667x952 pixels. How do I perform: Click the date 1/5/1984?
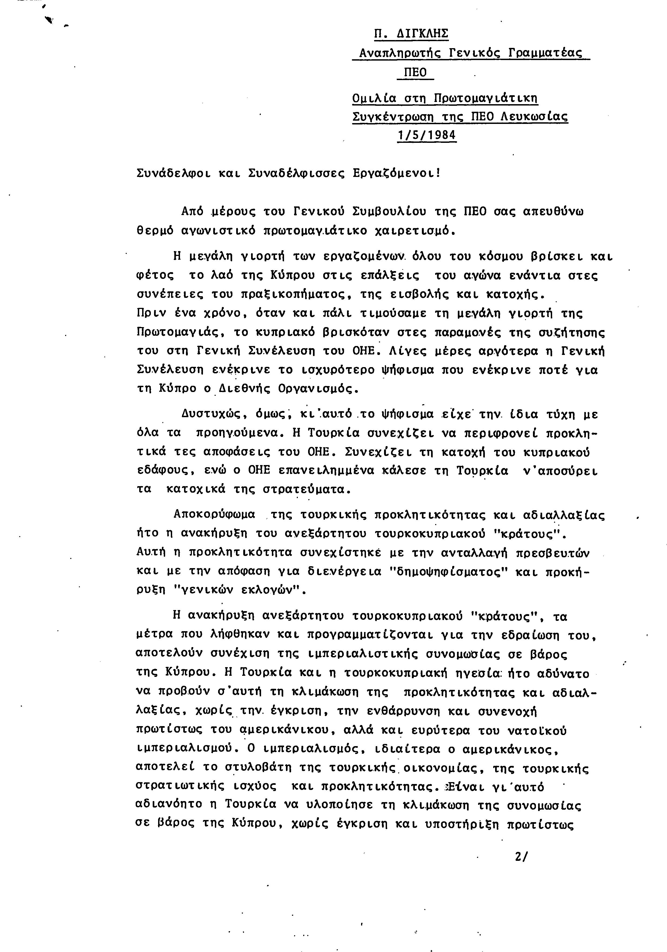(427, 135)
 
